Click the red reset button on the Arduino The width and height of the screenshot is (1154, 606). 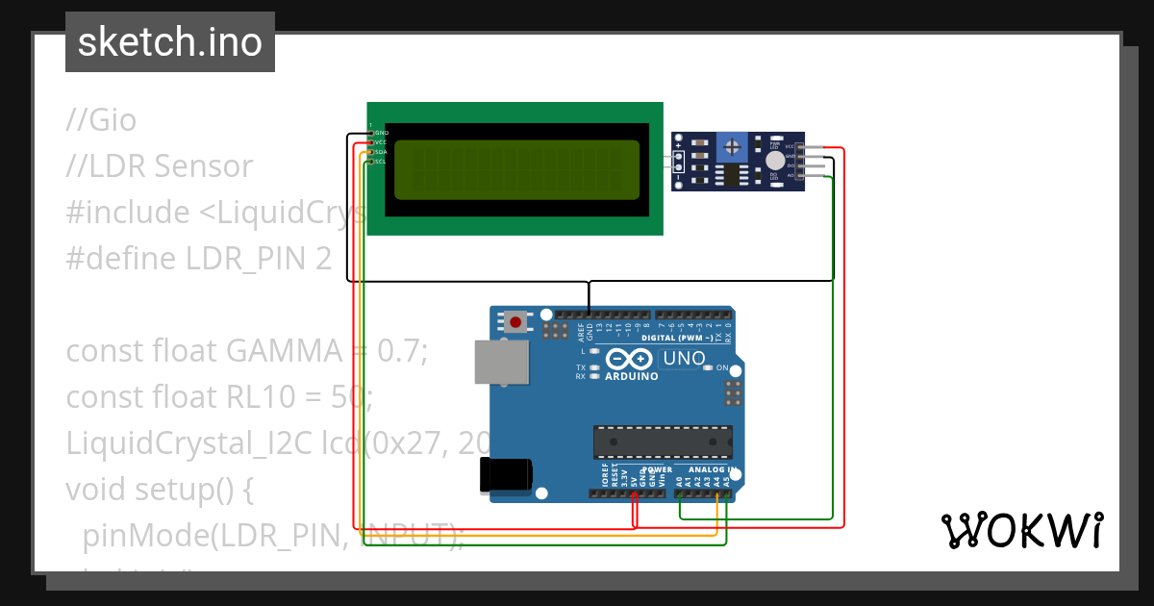coord(517,322)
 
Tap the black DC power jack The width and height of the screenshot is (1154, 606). coord(505,475)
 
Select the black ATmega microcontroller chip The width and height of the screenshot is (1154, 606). coord(663,441)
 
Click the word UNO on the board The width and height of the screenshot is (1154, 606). coord(686,359)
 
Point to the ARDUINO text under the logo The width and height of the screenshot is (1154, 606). coord(632,376)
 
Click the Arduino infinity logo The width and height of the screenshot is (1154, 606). coord(630,359)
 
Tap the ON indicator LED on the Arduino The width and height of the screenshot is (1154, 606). coord(709,367)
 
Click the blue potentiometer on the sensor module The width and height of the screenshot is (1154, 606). coord(734,147)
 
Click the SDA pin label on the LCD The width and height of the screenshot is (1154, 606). coord(380,152)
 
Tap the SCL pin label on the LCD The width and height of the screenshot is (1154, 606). coord(380,162)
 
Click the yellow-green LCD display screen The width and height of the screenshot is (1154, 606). coord(516,169)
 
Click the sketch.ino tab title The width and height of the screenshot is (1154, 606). coord(169,42)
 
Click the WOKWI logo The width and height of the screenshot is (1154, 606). coord(1022,530)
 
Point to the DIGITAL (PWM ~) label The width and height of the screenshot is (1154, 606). coord(676,338)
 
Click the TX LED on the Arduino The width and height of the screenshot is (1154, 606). coord(595,367)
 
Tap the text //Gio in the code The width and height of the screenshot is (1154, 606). coord(101,120)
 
